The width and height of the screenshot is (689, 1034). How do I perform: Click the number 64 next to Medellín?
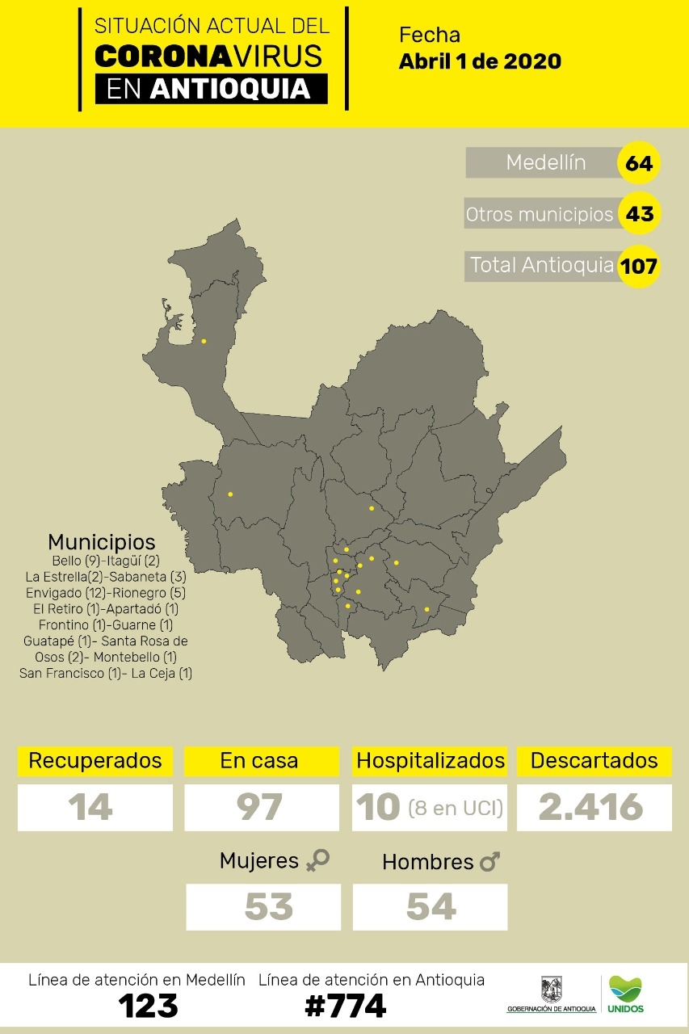(638, 163)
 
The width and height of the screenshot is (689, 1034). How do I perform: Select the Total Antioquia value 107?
(638, 265)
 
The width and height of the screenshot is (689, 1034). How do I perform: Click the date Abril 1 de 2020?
(480, 61)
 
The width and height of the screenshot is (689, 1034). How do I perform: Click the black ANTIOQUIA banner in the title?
(211, 88)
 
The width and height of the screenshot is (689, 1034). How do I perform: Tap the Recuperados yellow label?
(95, 761)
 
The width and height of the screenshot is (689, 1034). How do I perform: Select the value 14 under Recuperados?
(90, 806)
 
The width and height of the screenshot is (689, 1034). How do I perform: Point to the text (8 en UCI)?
(456, 806)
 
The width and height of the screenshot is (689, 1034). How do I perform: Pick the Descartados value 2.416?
(591, 806)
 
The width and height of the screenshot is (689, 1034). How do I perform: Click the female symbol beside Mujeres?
(317, 861)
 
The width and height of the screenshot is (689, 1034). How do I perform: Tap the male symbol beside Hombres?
(489, 862)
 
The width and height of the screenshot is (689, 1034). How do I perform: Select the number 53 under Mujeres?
(268, 906)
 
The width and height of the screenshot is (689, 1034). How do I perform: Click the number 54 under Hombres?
(431, 906)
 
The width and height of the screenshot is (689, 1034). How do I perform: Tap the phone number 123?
(148, 1006)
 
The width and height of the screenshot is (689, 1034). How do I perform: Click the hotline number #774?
(345, 1006)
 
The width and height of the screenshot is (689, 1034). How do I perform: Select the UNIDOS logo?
(628, 994)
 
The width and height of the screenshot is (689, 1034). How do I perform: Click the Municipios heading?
(102, 541)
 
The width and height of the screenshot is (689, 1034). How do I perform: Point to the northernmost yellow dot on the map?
(204, 341)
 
